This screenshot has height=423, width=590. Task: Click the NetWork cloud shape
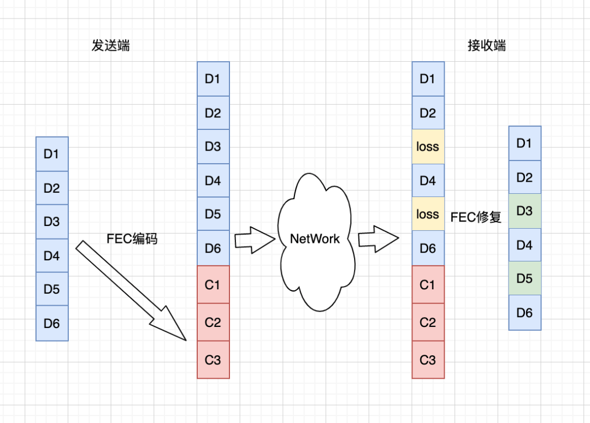(x=315, y=239)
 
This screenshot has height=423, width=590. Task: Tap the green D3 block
(x=524, y=211)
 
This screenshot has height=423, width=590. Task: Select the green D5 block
(x=524, y=278)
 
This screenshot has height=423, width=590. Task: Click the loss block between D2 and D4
(x=428, y=147)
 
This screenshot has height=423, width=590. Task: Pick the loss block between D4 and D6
(x=428, y=214)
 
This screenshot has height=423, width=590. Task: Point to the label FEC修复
(x=476, y=217)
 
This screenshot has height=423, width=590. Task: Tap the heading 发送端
(x=110, y=45)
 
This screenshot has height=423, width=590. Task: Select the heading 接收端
(x=487, y=45)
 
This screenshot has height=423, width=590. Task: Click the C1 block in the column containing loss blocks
(x=428, y=284)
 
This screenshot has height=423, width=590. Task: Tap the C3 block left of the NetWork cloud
(x=213, y=360)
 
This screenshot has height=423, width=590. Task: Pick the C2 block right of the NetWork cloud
(x=428, y=322)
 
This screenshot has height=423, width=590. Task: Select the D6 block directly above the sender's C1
(x=213, y=248)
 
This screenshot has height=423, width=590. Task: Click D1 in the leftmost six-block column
(x=52, y=154)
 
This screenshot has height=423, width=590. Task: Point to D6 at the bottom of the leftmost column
(x=52, y=324)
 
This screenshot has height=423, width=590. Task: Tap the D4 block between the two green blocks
(x=524, y=245)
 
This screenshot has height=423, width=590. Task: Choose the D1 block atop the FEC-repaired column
(x=524, y=144)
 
